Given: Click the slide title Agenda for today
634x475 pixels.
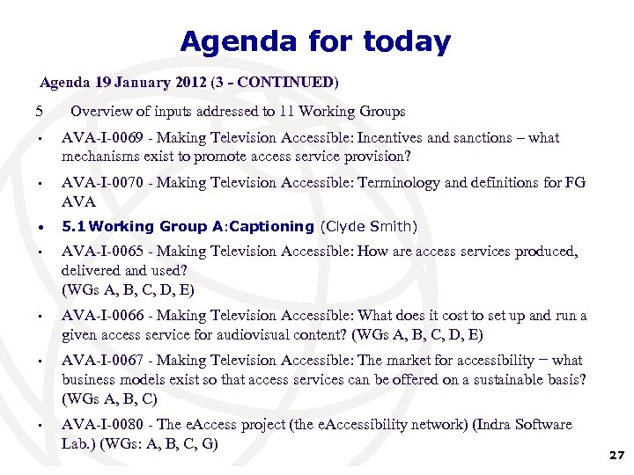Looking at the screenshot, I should tap(315, 41).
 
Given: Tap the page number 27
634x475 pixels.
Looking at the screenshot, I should tap(616, 456).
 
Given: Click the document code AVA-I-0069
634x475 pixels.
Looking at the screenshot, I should tap(100, 138).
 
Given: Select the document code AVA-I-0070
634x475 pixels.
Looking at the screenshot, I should tap(100, 183).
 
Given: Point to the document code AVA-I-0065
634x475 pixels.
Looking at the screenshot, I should tap(100, 252).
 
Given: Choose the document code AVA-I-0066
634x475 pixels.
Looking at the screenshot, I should tap(100, 316).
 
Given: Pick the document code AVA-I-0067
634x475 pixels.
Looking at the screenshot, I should tap(100, 361).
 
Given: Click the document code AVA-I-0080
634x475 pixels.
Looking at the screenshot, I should tap(100, 425).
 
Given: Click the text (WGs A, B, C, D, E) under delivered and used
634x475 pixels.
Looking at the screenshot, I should tap(128, 289).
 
